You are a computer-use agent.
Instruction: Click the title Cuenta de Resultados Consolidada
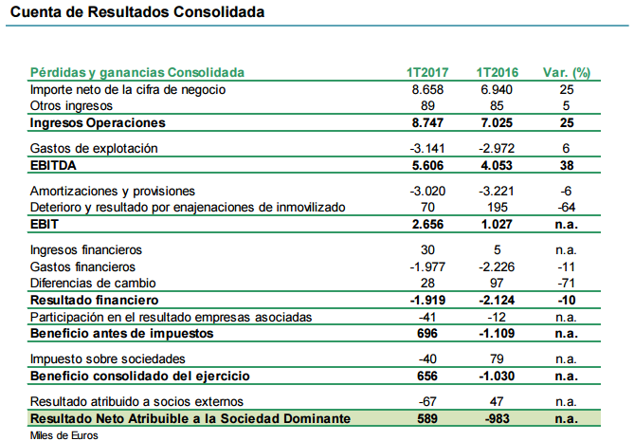(x=137, y=13)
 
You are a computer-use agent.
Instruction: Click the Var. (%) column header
(x=567, y=72)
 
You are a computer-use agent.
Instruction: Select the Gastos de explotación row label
(x=93, y=149)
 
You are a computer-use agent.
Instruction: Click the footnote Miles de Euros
(x=63, y=434)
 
